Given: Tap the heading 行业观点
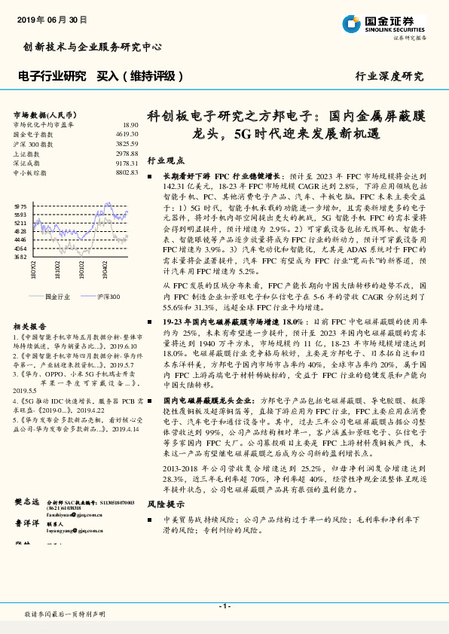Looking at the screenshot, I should coord(166,160).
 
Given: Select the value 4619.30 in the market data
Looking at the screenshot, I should coord(127,133).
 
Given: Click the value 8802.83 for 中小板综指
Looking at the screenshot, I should coord(127,172).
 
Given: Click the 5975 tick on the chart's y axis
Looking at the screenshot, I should coord(20,206).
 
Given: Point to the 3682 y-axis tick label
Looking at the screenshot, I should coord(20,257).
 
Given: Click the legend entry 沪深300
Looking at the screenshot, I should coord(108,297).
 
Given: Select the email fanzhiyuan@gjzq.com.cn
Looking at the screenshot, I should coord(75,516).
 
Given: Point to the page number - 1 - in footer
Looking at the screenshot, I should coord(225,606).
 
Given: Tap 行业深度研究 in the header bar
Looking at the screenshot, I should coord(389,77).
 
